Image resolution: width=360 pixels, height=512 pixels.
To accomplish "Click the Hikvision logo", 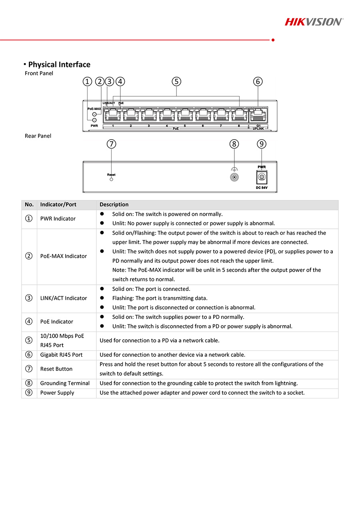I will coord(314,22).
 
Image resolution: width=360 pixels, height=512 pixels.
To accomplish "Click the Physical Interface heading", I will coord(59,64).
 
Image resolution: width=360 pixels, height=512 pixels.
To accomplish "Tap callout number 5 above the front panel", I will coord(176,82).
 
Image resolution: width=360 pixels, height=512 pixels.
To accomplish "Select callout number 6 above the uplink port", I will coord(258,82).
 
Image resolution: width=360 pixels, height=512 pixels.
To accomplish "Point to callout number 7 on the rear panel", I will coord(112,144).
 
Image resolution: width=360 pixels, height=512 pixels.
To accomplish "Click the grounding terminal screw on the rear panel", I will coord(234,177).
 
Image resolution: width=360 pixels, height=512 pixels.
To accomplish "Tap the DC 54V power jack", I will coord(262,177).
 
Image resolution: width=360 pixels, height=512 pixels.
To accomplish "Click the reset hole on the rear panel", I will coord(111,180).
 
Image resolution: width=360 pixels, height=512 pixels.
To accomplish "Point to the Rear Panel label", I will coord(38,136).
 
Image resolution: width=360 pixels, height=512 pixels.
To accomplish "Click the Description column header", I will coord(114,205).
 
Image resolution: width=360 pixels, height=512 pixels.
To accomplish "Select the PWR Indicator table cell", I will coord(58,219).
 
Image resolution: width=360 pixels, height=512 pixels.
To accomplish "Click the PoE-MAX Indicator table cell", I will coord(64,256).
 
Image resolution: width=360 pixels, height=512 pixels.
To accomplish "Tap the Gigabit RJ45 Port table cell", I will coord(61,355).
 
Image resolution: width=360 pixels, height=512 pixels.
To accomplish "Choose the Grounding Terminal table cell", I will coord(65,383).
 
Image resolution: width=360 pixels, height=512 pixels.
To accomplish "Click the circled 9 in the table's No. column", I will coord(29,393).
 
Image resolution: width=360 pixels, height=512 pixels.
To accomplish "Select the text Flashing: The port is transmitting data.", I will coord(160,298).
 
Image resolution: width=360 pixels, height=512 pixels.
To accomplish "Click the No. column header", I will coord(29,205).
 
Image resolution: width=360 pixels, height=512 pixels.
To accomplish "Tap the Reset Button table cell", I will coord(56,369).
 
